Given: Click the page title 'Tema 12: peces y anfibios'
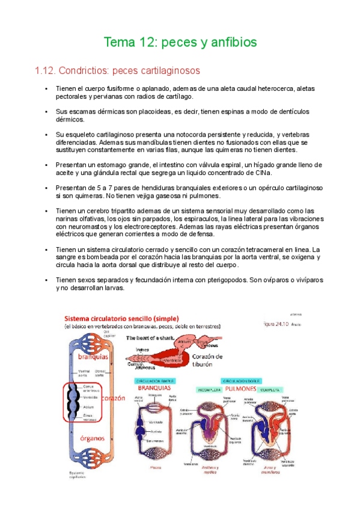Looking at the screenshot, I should pos(180,43).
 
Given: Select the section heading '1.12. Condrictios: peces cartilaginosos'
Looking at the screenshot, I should pos(118,71).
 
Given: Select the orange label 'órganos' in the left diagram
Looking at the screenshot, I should pos(93,437).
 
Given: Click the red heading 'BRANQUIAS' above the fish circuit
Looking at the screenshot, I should pos(155,389).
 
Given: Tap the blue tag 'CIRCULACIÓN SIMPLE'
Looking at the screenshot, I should pos(154,381).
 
